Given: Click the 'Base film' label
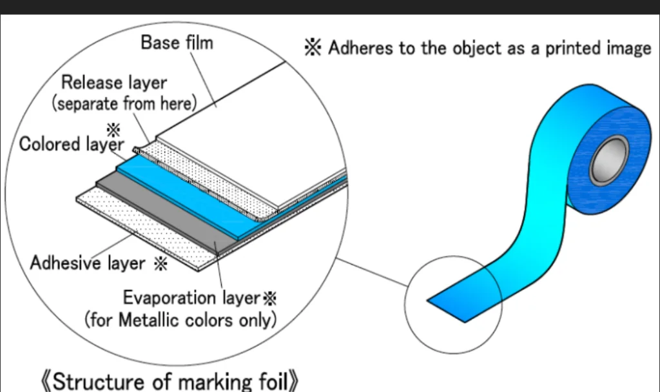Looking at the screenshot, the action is click(x=177, y=43).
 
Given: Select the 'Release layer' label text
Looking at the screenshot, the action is click(x=114, y=83).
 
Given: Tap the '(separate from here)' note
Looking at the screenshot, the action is click(x=124, y=104).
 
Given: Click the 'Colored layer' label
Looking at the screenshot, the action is click(x=72, y=144).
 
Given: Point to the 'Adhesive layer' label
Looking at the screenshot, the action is click(x=88, y=263).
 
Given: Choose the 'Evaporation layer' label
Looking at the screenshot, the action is click(x=191, y=298).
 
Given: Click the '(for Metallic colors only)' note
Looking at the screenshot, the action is click(x=180, y=320).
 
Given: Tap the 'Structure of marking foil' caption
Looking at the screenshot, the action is click(x=170, y=381).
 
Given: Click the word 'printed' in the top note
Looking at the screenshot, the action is click(x=573, y=48).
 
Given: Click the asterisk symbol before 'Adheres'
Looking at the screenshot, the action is click(x=313, y=47).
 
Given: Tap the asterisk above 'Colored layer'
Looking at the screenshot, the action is click(x=113, y=130).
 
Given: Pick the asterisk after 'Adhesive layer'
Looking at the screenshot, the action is click(x=160, y=263).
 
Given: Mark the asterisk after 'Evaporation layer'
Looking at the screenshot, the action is click(x=270, y=299).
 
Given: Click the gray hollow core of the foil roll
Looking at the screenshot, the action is click(x=608, y=160).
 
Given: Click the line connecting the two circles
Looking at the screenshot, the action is click(x=372, y=273).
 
